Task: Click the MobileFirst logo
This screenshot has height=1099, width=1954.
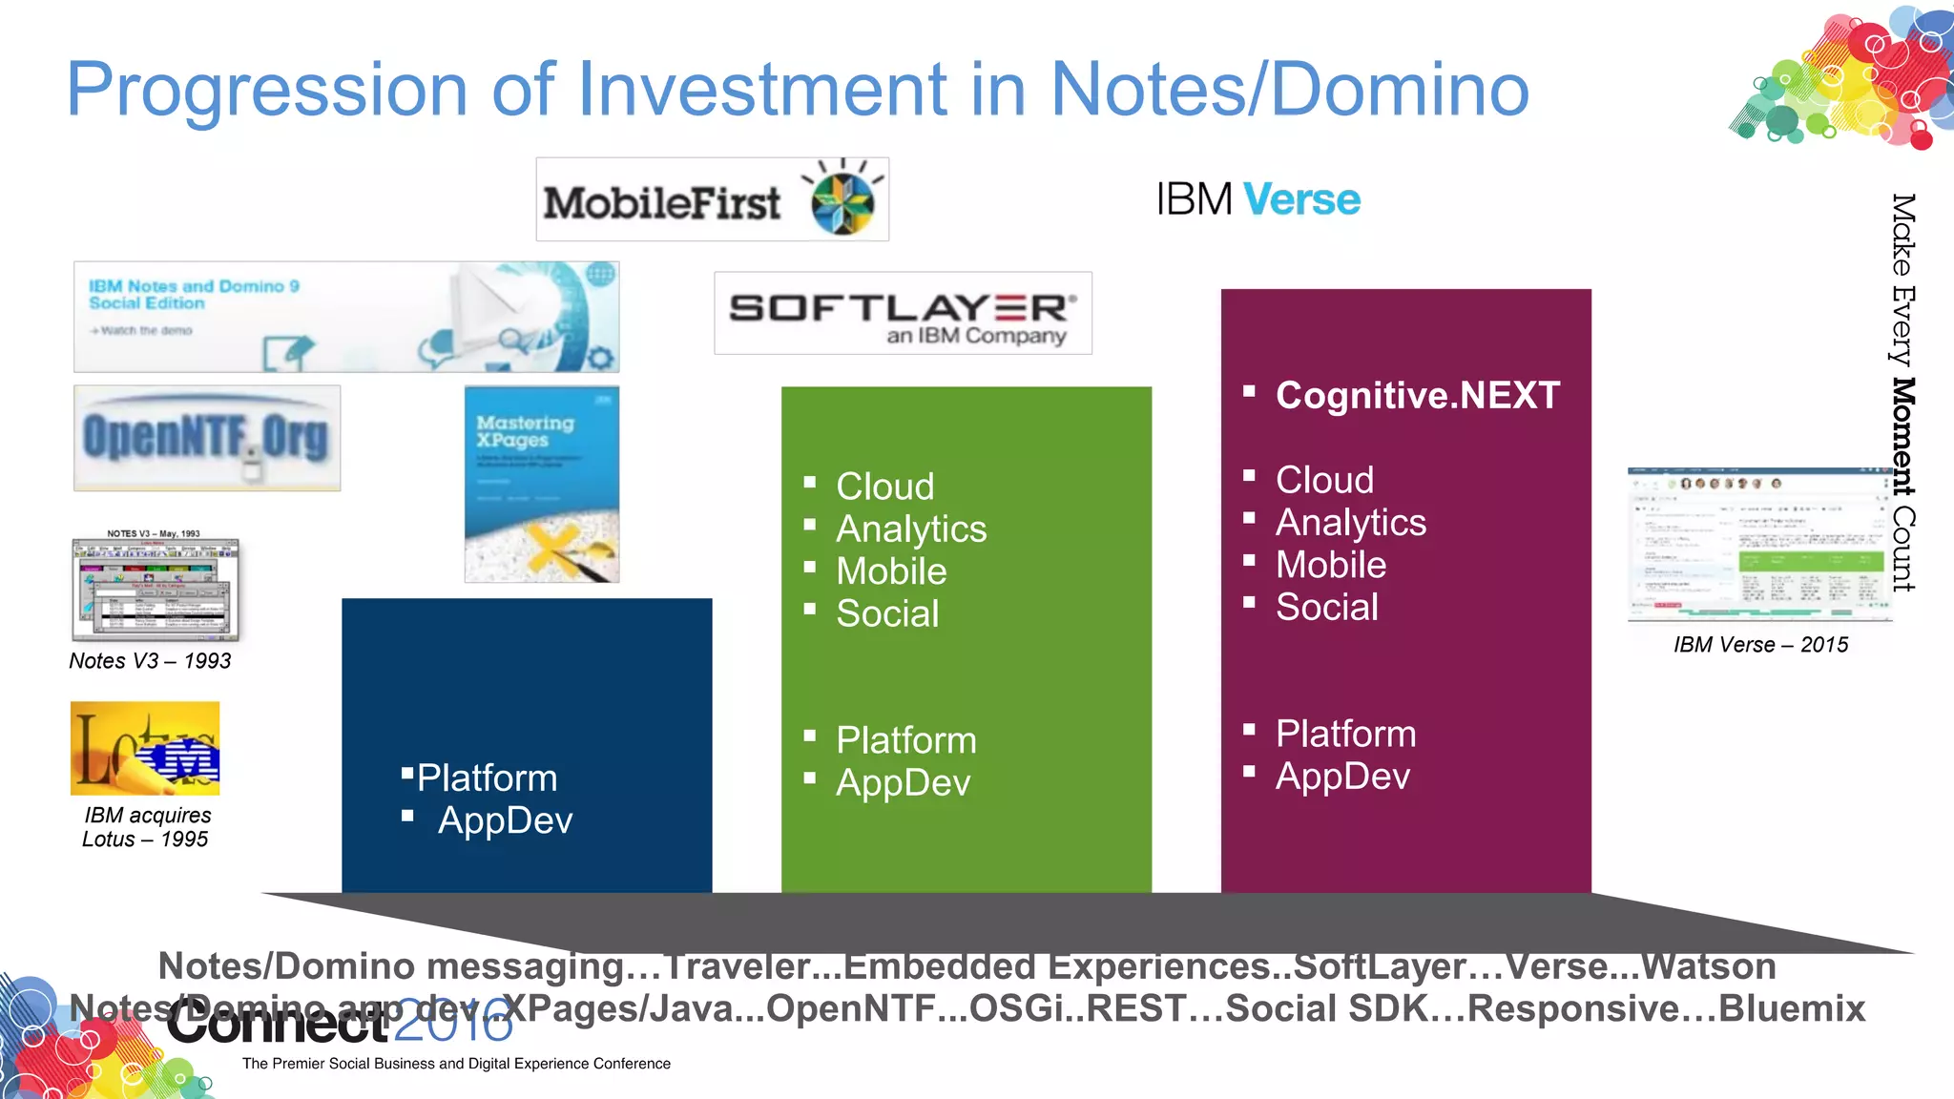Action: [712, 199]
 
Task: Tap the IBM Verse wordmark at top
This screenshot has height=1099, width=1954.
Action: [1258, 199]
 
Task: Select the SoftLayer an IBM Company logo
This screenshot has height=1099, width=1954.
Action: [903, 314]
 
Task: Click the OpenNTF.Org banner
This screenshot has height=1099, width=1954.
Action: [207, 438]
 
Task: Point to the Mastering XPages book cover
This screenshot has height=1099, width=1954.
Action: [541, 484]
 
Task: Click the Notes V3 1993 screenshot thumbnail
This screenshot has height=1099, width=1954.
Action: [155, 590]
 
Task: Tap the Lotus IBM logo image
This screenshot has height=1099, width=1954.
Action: [145, 748]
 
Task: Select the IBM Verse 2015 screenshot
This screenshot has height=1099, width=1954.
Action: [1757, 545]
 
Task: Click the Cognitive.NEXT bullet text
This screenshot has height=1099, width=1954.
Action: [1417, 396]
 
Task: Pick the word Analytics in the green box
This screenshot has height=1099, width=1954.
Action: [910, 529]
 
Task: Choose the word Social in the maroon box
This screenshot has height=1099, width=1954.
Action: [1326, 607]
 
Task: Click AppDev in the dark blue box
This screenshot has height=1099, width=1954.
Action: [505, 820]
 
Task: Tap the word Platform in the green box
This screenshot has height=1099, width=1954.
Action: [905, 740]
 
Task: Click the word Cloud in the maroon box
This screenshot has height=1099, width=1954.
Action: [1324, 480]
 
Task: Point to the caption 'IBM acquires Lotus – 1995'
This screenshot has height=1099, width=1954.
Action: [146, 827]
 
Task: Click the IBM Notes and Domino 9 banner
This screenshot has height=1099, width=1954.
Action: [346, 317]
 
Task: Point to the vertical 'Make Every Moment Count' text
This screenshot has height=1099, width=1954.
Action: [1902, 391]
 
